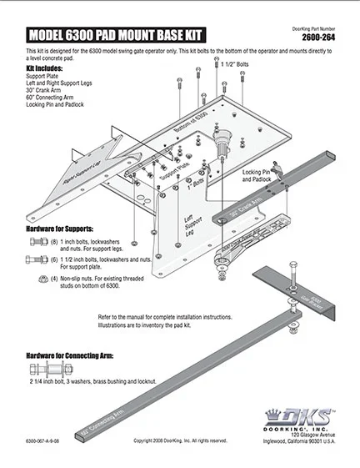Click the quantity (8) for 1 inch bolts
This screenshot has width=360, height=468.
point(54,241)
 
